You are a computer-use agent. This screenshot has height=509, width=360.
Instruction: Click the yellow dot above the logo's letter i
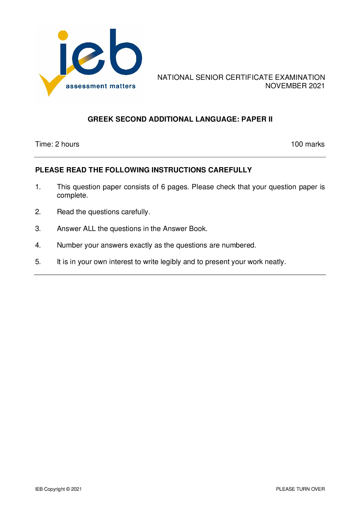click(63, 35)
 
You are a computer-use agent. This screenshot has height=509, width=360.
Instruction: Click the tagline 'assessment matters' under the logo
click(100, 86)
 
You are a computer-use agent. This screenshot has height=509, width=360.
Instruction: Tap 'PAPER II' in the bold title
click(257, 119)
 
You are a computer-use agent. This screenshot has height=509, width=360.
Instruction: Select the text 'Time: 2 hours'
click(57, 144)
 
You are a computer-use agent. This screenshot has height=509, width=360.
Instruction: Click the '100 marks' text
click(308, 144)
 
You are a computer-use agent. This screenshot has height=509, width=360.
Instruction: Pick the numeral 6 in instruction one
click(163, 187)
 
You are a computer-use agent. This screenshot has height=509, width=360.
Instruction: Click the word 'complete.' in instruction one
click(72, 195)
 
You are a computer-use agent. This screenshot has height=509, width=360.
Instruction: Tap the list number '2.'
click(38, 212)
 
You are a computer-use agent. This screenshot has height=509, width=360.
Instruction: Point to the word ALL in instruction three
click(89, 229)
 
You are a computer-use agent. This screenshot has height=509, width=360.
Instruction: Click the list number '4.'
click(38, 245)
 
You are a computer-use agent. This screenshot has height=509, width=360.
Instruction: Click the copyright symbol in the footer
click(68, 489)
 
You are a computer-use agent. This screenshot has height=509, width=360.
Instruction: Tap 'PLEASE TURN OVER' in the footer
click(300, 489)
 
